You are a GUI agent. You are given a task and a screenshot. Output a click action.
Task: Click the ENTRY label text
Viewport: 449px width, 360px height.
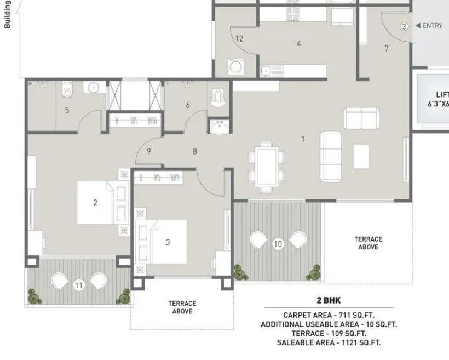pos(432,26)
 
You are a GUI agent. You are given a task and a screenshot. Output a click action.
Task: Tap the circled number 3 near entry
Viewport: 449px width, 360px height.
pos(404,26)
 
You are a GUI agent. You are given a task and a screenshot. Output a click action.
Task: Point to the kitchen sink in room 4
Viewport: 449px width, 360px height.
pos(267,70)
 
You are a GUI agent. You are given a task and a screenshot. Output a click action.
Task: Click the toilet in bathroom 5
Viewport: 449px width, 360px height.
pos(67,89)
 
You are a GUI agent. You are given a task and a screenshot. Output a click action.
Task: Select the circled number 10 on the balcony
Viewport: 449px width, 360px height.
pos(278,244)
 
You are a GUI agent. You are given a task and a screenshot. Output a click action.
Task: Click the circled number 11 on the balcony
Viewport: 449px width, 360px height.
pos(79,285)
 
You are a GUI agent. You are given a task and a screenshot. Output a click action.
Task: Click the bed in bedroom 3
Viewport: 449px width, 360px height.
pos(166,241)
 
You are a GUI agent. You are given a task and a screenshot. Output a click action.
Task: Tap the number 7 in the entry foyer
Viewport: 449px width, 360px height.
pos(387,48)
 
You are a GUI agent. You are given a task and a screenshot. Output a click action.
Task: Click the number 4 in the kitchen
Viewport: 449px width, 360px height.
pos(298,44)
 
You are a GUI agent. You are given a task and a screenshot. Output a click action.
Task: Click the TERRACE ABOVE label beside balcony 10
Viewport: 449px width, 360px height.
pos(368,243)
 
